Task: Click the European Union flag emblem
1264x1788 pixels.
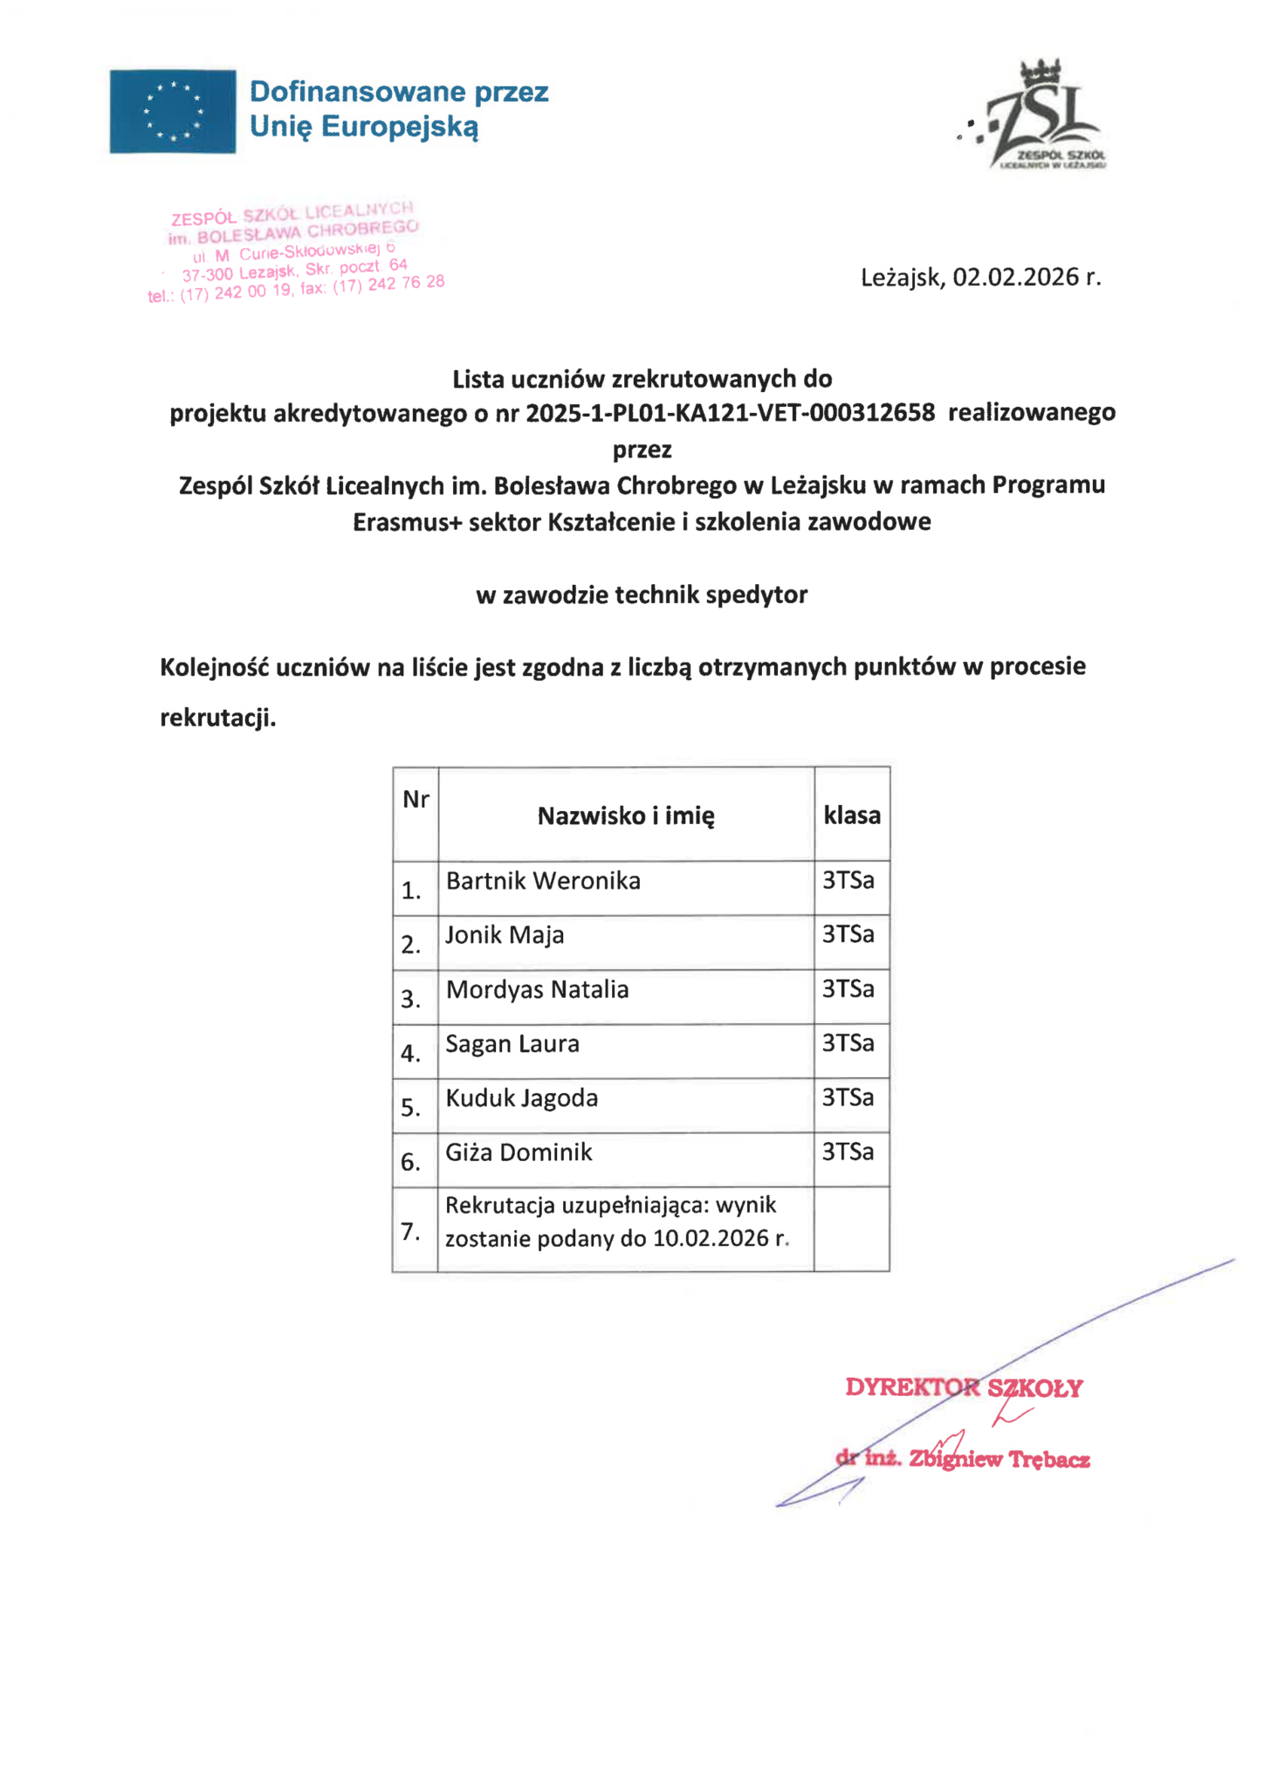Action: click(172, 111)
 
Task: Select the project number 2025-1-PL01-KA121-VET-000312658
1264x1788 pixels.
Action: click(730, 412)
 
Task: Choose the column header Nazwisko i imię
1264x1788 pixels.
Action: click(626, 816)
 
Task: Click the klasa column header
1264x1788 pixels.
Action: click(851, 815)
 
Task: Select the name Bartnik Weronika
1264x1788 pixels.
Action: click(543, 881)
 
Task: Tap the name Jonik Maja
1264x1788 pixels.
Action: click(505, 935)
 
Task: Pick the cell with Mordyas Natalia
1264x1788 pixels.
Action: click(537, 989)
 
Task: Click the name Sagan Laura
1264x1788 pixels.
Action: click(512, 1043)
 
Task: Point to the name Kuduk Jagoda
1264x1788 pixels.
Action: click(521, 1097)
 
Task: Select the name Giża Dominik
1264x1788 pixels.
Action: click(519, 1152)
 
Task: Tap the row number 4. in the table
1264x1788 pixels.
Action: click(410, 1054)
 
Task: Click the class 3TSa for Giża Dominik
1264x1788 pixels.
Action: click(848, 1152)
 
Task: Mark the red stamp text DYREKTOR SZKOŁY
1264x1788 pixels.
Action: click(964, 1388)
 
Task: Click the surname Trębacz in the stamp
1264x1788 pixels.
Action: click(1049, 1460)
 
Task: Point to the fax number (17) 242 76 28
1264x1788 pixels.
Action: click(388, 285)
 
